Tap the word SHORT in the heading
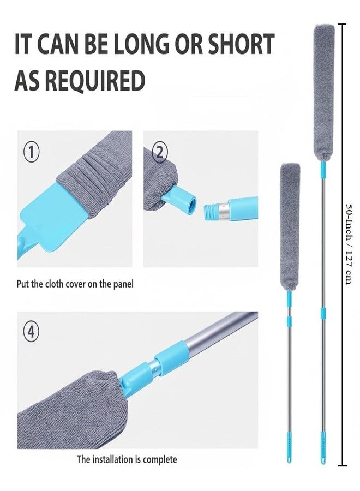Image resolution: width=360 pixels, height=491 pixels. pos(240,44)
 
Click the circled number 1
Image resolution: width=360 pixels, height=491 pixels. pos(31,153)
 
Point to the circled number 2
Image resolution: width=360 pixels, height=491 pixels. pos(160,153)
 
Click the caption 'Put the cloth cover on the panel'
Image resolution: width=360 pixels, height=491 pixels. pos(75,284)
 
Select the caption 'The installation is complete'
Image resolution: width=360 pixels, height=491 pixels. pos(127,459)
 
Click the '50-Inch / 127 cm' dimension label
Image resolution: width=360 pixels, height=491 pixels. pos(350,244)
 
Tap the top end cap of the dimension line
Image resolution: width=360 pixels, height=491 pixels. pos(342,24)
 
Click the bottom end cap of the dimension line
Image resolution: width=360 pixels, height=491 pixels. pos(343,466)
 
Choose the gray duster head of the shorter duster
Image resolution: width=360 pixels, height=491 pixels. pos(290,227)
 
